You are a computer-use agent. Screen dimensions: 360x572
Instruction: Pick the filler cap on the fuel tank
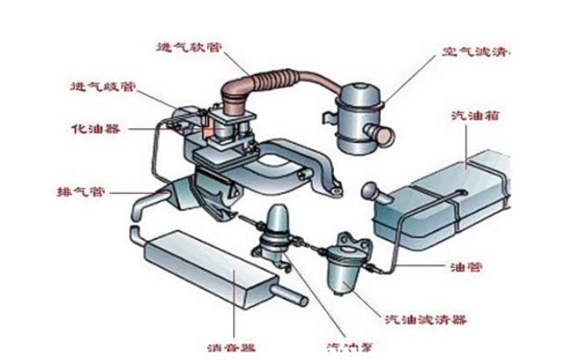pos(370,189)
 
